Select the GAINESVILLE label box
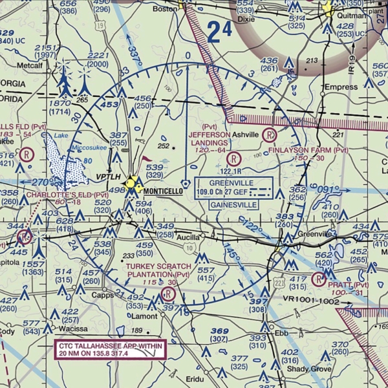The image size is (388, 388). click(233, 204)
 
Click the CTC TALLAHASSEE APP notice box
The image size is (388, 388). click(110, 349)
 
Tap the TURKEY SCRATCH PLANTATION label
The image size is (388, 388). click(158, 270)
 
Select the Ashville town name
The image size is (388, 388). click(245, 135)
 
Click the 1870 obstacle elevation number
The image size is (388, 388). click(59, 103)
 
